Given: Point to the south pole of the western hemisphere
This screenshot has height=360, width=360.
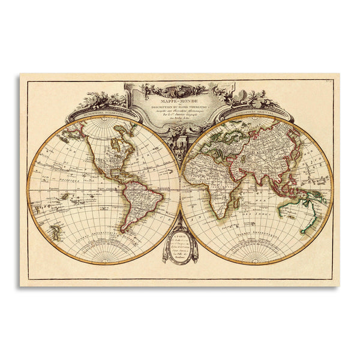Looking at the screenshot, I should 104,264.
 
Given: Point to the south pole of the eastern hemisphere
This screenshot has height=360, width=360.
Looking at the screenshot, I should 256,264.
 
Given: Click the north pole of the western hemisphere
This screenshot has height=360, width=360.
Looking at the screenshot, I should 104,116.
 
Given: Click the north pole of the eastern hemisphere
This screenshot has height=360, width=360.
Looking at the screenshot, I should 256,116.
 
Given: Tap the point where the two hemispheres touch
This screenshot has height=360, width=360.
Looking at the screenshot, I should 180,190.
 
